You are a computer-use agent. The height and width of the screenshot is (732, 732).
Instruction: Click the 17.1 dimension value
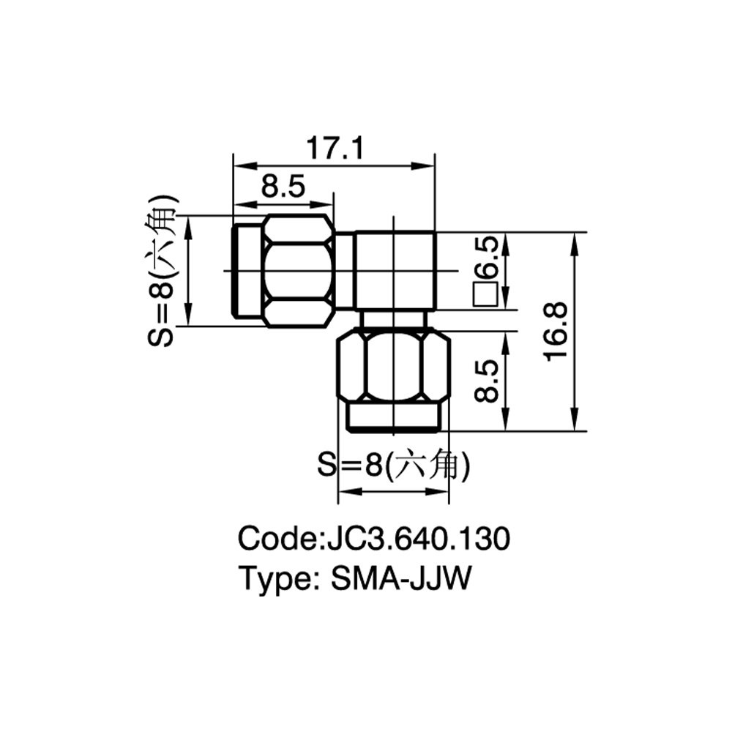click(335, 148)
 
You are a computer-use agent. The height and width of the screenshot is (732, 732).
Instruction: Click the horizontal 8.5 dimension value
click(283, 186)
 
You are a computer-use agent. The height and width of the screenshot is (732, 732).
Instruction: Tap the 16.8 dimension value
click(556, 332)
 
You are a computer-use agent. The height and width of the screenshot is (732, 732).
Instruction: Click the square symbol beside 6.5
click(485, 294)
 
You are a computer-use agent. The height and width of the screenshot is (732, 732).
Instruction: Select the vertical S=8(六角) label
click(161, 270)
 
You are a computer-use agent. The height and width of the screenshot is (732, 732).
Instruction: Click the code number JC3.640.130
click(418, 538)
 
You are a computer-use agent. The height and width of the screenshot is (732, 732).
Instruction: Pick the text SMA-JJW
click(401, 578)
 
